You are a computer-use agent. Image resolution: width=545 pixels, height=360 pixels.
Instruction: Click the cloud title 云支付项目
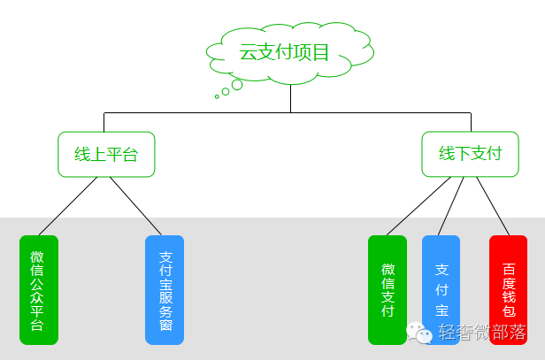[284, 52]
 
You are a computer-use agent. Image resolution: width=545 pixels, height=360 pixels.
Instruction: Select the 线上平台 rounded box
[106, 154]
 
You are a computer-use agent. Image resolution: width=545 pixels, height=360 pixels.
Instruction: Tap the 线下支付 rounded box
[471, 154]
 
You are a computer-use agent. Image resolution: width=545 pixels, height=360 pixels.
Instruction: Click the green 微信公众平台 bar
[39, 290]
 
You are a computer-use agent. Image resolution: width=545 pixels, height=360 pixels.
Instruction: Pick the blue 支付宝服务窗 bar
[165, 290]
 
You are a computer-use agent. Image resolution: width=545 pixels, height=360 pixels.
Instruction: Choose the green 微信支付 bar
[388, 290]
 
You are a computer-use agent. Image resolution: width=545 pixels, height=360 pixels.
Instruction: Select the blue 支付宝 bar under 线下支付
[441, 290]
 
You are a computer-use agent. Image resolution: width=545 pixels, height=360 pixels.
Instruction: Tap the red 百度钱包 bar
[508, 290]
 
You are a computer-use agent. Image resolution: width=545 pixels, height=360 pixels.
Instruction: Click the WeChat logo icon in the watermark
[419, 333]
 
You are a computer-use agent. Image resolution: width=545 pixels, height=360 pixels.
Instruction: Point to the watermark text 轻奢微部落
[482, 332]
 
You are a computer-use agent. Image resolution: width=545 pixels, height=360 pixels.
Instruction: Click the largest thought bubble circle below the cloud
[237, 85]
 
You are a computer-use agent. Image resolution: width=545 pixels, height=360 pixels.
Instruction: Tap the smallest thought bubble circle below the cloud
[217, 96]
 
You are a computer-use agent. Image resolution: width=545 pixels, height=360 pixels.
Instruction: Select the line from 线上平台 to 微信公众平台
[68, 206]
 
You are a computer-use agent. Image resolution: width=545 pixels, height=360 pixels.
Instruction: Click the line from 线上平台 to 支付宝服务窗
[135, 206]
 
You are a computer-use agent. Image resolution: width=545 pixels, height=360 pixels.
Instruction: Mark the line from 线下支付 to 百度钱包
[493, 206]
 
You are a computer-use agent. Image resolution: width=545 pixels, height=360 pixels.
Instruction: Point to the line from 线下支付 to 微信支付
[418, 206]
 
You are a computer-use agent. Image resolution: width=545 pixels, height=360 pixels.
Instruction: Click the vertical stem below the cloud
[290, 98]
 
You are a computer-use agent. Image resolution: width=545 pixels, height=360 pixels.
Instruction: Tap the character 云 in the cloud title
[248, 52]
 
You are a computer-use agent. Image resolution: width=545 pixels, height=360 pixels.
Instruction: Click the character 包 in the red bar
[509, 310]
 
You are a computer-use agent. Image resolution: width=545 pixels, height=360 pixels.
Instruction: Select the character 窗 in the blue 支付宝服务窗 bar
[165, 325]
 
